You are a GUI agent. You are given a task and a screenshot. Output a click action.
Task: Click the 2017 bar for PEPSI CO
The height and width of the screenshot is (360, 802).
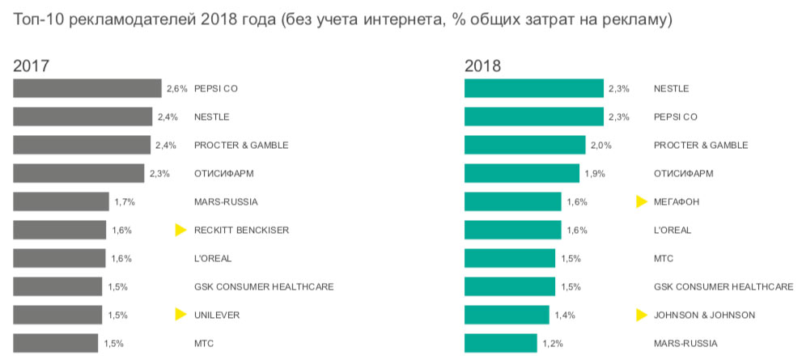(x=87, y=88)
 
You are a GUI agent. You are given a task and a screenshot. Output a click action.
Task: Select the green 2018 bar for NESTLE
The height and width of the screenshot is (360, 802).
(x=534, y=88)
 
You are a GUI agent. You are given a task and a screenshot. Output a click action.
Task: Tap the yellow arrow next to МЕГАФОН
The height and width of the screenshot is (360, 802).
(x=642, y=201)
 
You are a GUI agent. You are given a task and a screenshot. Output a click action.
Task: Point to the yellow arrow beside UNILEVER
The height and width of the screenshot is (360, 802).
(x=181, y=315)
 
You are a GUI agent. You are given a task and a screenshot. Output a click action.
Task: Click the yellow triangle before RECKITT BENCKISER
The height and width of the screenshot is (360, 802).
(x=181, y=231)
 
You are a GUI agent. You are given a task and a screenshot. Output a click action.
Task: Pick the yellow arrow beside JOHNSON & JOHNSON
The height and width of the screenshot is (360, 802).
(x=642, y=315)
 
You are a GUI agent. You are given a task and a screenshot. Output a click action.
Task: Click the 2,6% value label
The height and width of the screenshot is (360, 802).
(x=177, y=88)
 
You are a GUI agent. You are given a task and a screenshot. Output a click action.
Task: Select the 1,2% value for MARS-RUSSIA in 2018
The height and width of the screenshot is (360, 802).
(x=554, y=344)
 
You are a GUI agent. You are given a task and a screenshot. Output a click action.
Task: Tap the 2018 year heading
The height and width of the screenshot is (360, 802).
(x=482, y=66)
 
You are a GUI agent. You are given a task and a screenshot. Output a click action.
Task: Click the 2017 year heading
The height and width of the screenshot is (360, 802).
(x=31, y=66)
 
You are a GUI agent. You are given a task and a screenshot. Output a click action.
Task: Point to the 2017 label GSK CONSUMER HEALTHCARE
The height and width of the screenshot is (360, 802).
(x=264, y=287)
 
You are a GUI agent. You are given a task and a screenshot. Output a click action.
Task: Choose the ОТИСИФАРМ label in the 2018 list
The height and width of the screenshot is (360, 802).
(x=683, y=173)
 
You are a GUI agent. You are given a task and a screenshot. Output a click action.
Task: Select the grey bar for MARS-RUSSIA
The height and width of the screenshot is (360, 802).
(x=61, y=201)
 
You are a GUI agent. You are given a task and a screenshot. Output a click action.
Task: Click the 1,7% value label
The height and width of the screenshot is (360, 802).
(x=124, y=201)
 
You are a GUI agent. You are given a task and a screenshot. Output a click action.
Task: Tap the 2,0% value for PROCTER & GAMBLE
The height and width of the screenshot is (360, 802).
(x=600, y=145)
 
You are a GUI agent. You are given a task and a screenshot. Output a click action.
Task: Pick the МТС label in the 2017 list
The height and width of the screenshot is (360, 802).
(x=204, y=344)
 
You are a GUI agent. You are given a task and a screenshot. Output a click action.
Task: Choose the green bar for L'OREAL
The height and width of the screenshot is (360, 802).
(x=512, y=230)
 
